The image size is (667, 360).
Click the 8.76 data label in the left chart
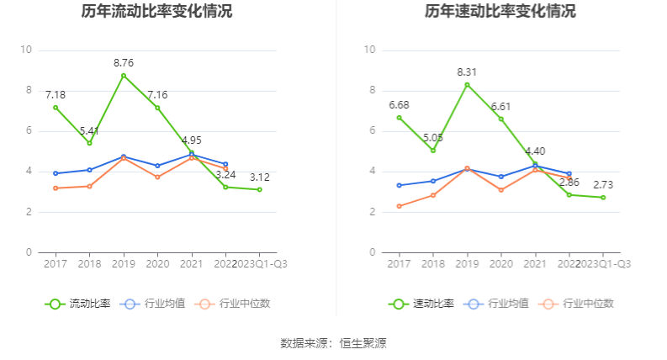[124, 62]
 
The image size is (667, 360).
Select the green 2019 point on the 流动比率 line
[124, 76]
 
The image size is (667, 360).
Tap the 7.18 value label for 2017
[56, 94]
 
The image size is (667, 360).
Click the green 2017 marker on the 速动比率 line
[399, 117]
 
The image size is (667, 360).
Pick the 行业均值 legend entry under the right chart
[501, 304]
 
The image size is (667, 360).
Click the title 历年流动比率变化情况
[157, 12]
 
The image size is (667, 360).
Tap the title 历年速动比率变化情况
[500, 12]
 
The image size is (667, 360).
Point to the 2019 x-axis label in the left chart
[124, 264]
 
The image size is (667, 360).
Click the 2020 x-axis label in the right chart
[501, 264]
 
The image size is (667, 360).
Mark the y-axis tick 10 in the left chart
[25, 50]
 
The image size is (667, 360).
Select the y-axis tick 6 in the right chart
[369, 131]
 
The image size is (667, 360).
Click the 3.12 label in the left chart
[259, 177]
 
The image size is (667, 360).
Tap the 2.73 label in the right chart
[603, 184]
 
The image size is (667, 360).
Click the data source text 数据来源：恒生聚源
[333, 343]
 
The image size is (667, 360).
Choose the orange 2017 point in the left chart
[56, 188]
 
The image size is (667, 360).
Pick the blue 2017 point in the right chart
[399, 185]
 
